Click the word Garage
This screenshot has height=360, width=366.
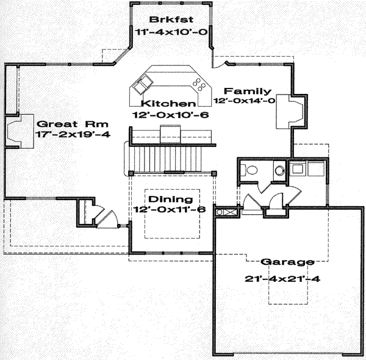(x=287, y=262)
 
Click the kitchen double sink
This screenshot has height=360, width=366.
(x=145, y=81)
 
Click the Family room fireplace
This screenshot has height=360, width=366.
(x=290, y=111)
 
